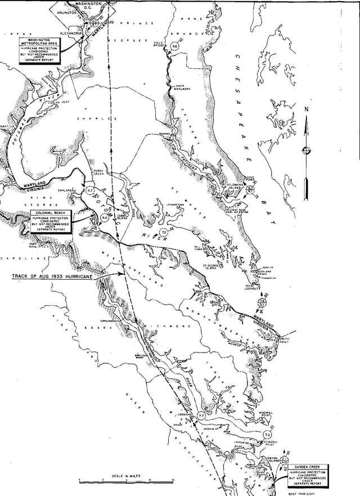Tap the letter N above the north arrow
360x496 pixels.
tap(305, 109)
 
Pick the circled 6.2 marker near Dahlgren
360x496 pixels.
tap(89, 191)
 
